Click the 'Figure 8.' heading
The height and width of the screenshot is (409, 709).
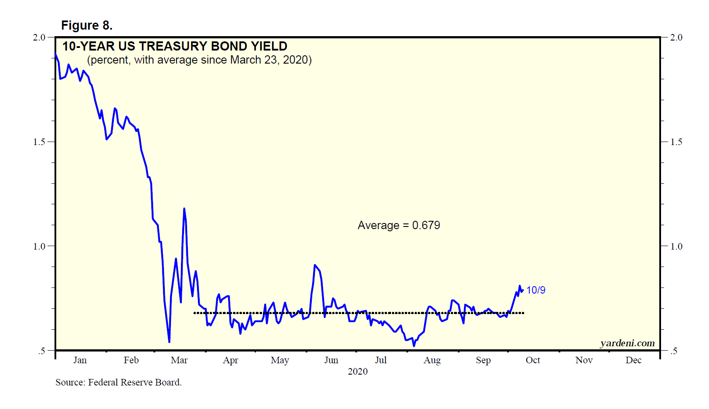[87, 26]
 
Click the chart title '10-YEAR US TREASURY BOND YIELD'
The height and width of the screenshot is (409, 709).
[174, 46]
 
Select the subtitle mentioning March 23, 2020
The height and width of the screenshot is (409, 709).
[199, 60]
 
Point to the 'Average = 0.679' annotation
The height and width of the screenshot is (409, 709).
[399, 225]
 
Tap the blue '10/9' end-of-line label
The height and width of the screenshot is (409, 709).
[535, 290]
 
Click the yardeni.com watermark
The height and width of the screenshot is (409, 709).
[627, 343]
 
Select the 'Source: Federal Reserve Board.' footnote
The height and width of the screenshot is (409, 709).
[118, 382]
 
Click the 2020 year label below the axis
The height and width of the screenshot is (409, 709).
[358, 372]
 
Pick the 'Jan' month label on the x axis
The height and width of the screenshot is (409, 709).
[80, 360]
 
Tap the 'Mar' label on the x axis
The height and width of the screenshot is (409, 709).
[179, 360]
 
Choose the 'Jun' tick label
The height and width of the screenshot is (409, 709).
[331, 360]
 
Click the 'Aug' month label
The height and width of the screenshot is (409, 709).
[432, 360]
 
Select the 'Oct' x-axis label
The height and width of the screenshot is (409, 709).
[533, 360]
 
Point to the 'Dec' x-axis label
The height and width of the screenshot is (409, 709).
[634, 360]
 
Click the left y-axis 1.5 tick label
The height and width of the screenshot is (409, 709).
[39, 142]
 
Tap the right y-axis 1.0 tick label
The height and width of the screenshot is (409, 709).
[676, 247]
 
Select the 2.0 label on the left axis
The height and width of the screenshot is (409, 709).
[39, 37]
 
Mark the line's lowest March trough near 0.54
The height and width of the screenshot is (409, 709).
[169, 341]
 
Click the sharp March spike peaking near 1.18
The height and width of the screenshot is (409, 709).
[184, 209]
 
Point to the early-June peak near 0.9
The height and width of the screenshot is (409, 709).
[315, 265]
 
